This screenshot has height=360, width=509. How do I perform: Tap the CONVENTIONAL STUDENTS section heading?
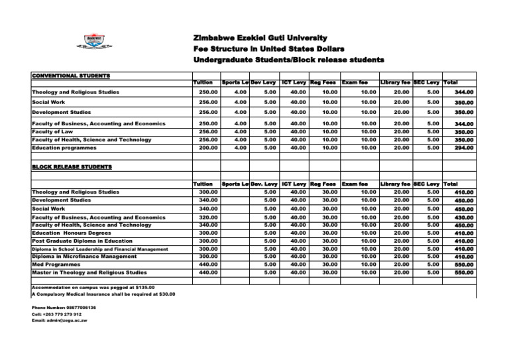pos(72,76)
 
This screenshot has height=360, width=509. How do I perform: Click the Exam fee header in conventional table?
pos(355,82)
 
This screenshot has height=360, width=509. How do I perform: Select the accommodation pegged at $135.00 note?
pos(93,287)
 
